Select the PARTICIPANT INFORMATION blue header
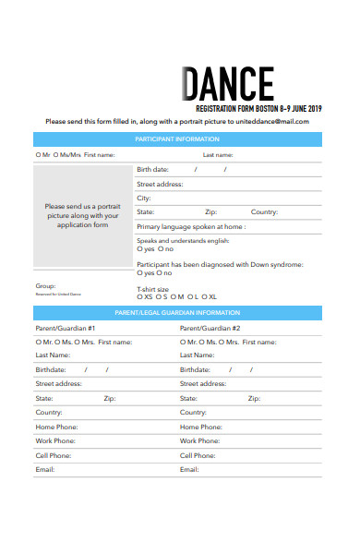177,139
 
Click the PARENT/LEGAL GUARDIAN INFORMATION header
177,313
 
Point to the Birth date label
152,170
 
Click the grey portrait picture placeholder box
82,215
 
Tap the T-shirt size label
152,289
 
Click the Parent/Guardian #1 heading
66,328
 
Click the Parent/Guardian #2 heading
210,328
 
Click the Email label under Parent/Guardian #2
189,469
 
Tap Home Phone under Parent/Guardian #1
56,427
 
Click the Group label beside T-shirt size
45,285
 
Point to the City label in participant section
144,198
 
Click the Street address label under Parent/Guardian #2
203,383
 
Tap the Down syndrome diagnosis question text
220,264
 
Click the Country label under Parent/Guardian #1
50,413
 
